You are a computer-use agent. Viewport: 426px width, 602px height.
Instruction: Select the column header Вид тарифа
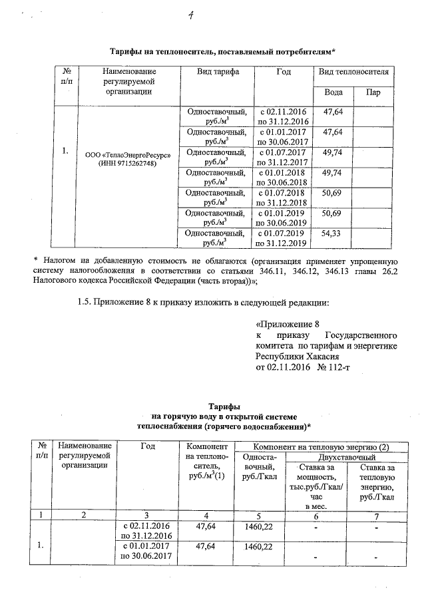[x=218, y=71]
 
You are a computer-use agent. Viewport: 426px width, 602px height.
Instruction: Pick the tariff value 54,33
[x=332, y=233]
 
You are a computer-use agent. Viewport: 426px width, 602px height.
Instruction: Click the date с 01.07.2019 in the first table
[x=281, y=233]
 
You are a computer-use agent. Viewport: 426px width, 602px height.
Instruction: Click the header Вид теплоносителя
[x=353, y=71]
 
